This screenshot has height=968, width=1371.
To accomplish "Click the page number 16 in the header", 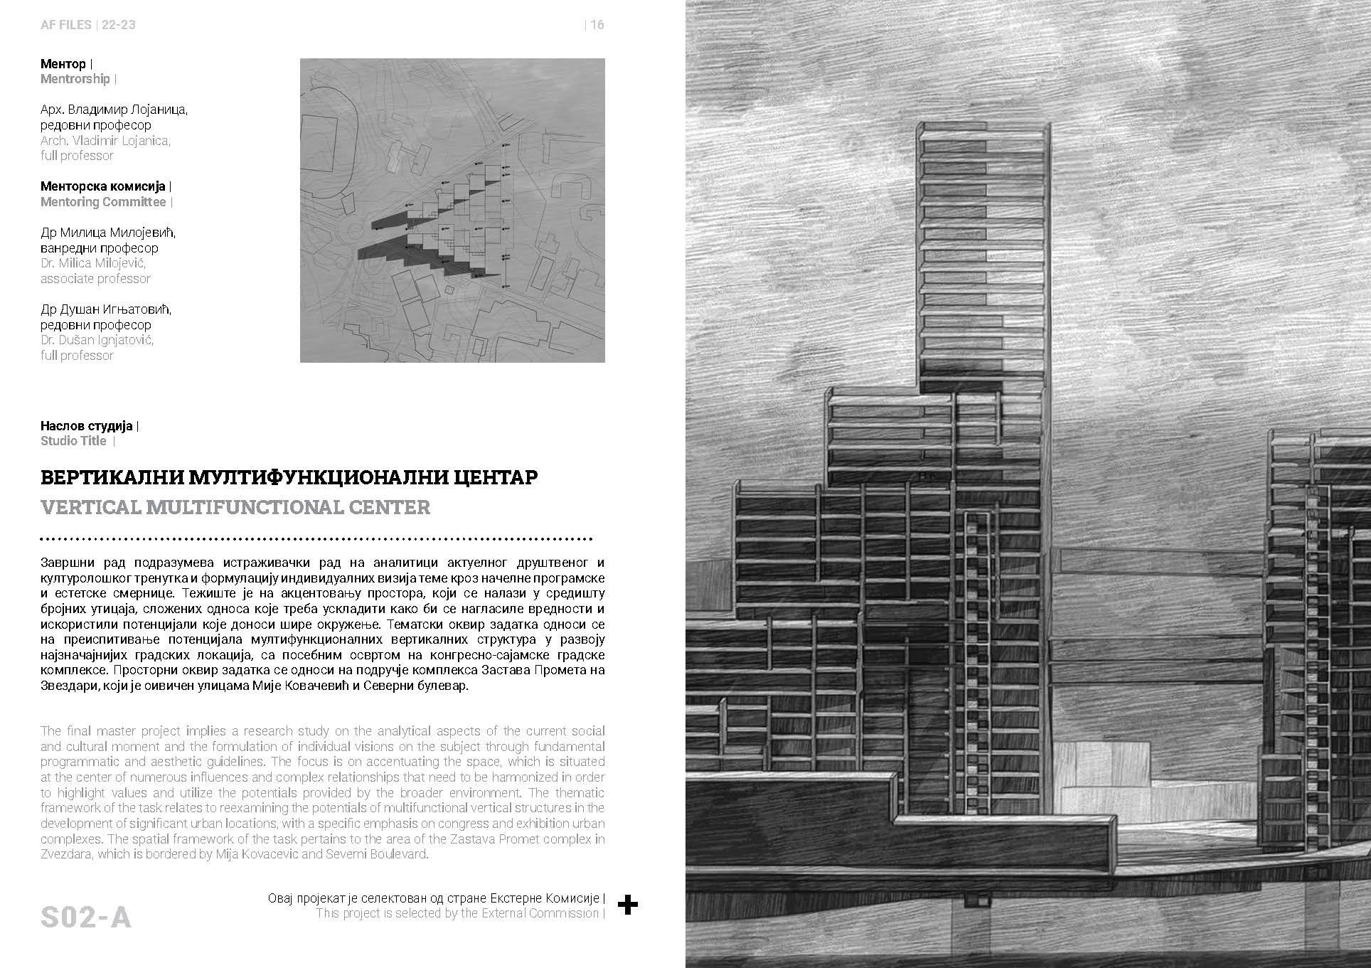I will point(597,25).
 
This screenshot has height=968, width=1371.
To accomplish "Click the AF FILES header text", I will point(66,25).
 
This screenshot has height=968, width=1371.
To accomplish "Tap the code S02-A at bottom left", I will point(86,917).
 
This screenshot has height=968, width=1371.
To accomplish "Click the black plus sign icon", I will point(627,905).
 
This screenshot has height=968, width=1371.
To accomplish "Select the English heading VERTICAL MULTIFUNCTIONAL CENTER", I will point(235,507).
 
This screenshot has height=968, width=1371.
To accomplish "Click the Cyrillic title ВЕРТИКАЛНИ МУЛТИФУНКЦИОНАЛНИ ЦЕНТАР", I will point(289,477).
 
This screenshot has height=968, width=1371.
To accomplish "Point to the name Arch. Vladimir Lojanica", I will point(105,140).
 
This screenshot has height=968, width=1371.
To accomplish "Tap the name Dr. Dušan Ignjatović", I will point(97,340).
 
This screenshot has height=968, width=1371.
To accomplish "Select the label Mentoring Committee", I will point(103,202).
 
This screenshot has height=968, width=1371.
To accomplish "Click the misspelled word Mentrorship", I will point(75,79).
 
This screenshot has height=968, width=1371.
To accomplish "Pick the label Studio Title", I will point(73,441).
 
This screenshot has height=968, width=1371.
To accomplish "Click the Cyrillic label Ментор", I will point(63,64).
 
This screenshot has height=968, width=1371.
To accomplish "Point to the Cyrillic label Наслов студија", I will point(87,426).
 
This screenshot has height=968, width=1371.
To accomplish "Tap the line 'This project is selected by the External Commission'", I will point(458,913).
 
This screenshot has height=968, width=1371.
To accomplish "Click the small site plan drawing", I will point(452,211).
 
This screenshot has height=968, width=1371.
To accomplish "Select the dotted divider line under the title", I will point(316,538).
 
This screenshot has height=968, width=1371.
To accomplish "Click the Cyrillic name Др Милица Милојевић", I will point(107,233).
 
